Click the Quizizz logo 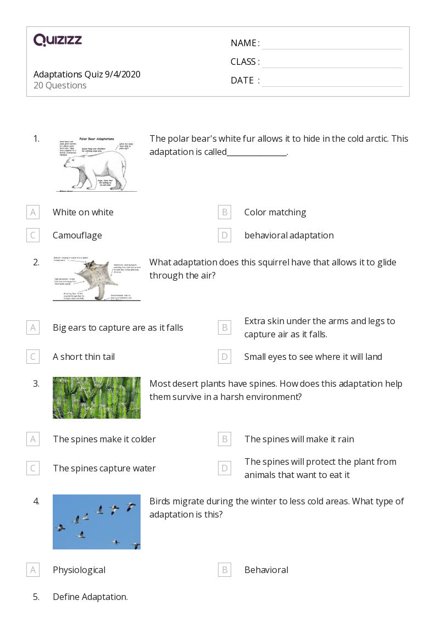pos(58,40)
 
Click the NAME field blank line pos(332,44)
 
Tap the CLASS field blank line pos(332,62)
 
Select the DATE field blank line pos(332,81)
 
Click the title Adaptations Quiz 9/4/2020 pos(87,74)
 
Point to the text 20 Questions pos(60,86)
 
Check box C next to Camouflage pos(33,235)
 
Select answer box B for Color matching pos(224,212)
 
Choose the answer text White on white pos(83,212)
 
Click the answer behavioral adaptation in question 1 pos(289,235)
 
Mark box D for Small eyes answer pos(224,357)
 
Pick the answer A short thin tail pos(83,357)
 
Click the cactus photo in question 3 pos(96,398)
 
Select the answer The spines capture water pos(104,468)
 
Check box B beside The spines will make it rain pos(224,439)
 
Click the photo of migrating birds pos(96,522)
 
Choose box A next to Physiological pos(33,570)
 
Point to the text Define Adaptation pos(90,597)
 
